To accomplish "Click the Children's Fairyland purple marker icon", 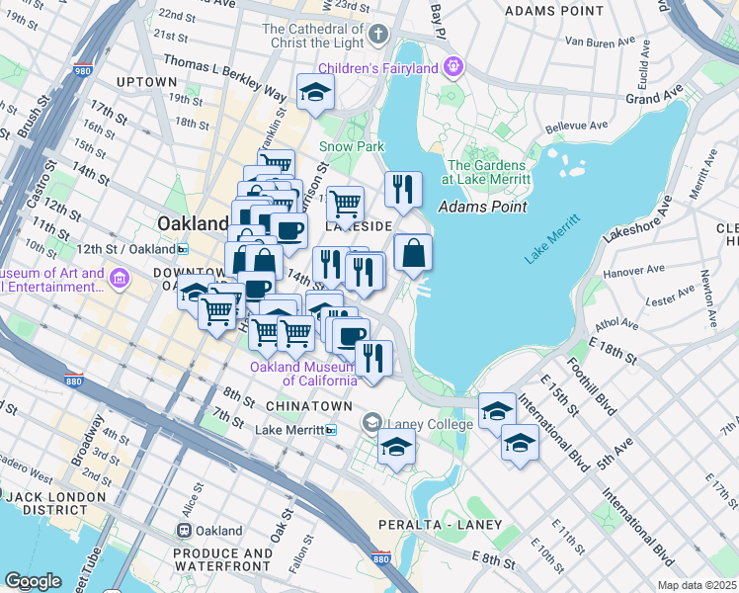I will (453, 67).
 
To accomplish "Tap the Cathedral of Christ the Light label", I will (314, 36).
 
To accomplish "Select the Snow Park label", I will (351, 146).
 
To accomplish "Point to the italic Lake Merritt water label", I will (551, 239).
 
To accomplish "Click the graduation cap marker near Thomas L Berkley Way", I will (316, 93).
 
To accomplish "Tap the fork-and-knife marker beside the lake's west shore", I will (403, 190).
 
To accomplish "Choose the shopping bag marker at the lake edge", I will (414, 253).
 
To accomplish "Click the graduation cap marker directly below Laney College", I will (396, 447).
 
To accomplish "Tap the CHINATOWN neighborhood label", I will (308, 406).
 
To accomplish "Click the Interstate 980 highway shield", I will (85, 71).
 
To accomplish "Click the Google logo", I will (33, 580).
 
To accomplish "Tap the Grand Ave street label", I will (654, 99).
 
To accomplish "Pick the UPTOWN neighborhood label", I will (147, 81).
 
